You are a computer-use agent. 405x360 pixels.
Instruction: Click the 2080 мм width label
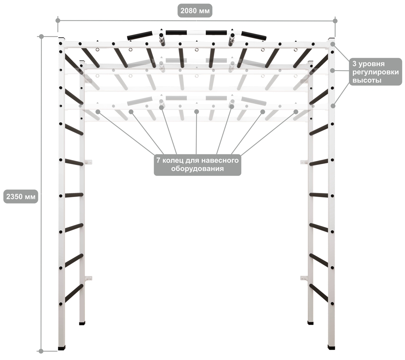[195, 11]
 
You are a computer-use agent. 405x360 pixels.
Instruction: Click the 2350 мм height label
[21, 196]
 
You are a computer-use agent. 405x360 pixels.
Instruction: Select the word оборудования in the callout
[197, 169]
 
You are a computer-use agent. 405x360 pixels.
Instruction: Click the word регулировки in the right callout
[375, 72]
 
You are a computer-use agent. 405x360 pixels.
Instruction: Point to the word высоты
[367, 80]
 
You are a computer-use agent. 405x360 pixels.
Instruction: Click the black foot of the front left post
[62, 348]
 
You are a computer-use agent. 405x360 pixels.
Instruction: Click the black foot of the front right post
[331, 347]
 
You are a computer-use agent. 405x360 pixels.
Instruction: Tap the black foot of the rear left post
[82, 323]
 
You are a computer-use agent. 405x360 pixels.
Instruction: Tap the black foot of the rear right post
[311, 323]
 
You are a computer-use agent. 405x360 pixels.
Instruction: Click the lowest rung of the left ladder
[74, 293]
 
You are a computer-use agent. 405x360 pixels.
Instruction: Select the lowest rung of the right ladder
[319, 293]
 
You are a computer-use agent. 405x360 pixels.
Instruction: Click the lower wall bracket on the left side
[88, 278]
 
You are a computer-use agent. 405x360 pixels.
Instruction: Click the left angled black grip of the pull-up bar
[140, 35]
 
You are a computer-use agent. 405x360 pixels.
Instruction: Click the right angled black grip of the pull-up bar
[254, 35]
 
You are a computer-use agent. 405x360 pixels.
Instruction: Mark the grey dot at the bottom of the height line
[41, 351]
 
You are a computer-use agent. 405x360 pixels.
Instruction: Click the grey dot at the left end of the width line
[58, 20]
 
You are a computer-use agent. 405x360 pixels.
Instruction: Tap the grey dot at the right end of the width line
[335, 21]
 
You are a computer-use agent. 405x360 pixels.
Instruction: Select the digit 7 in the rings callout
[158, 161]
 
